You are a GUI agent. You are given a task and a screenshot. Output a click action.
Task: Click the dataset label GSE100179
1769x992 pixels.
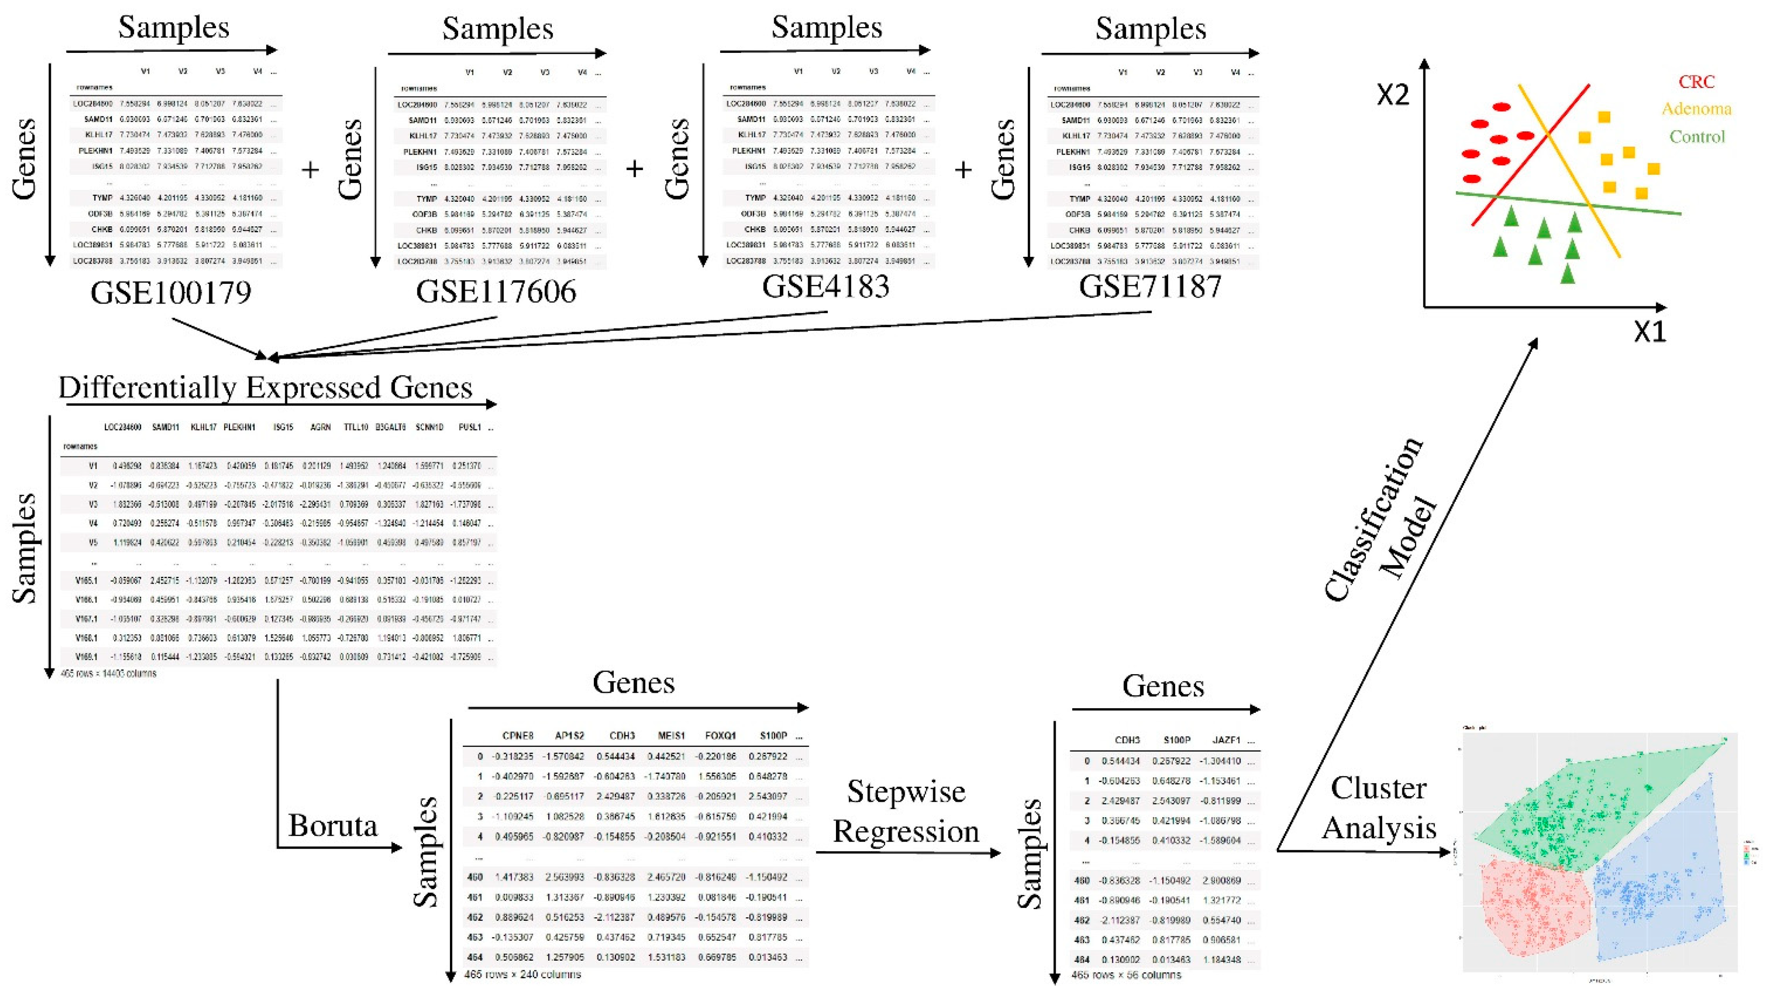click(171, 292)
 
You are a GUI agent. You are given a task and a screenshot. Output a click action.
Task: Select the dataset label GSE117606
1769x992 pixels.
click(496, 291)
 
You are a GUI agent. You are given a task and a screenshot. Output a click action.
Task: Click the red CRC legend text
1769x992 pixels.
click(1696, 82)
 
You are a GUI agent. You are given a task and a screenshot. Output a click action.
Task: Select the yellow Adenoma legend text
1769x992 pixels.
click(1696, 109)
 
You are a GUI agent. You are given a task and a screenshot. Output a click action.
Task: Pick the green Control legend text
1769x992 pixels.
click(1697, 137)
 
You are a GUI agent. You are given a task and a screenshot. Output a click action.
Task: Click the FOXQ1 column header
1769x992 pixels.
click(720, 735)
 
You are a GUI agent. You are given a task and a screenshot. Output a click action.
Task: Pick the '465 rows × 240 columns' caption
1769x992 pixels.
click(522, 974)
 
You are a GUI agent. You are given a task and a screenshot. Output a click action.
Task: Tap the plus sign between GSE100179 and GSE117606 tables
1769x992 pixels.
click(310, 169)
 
